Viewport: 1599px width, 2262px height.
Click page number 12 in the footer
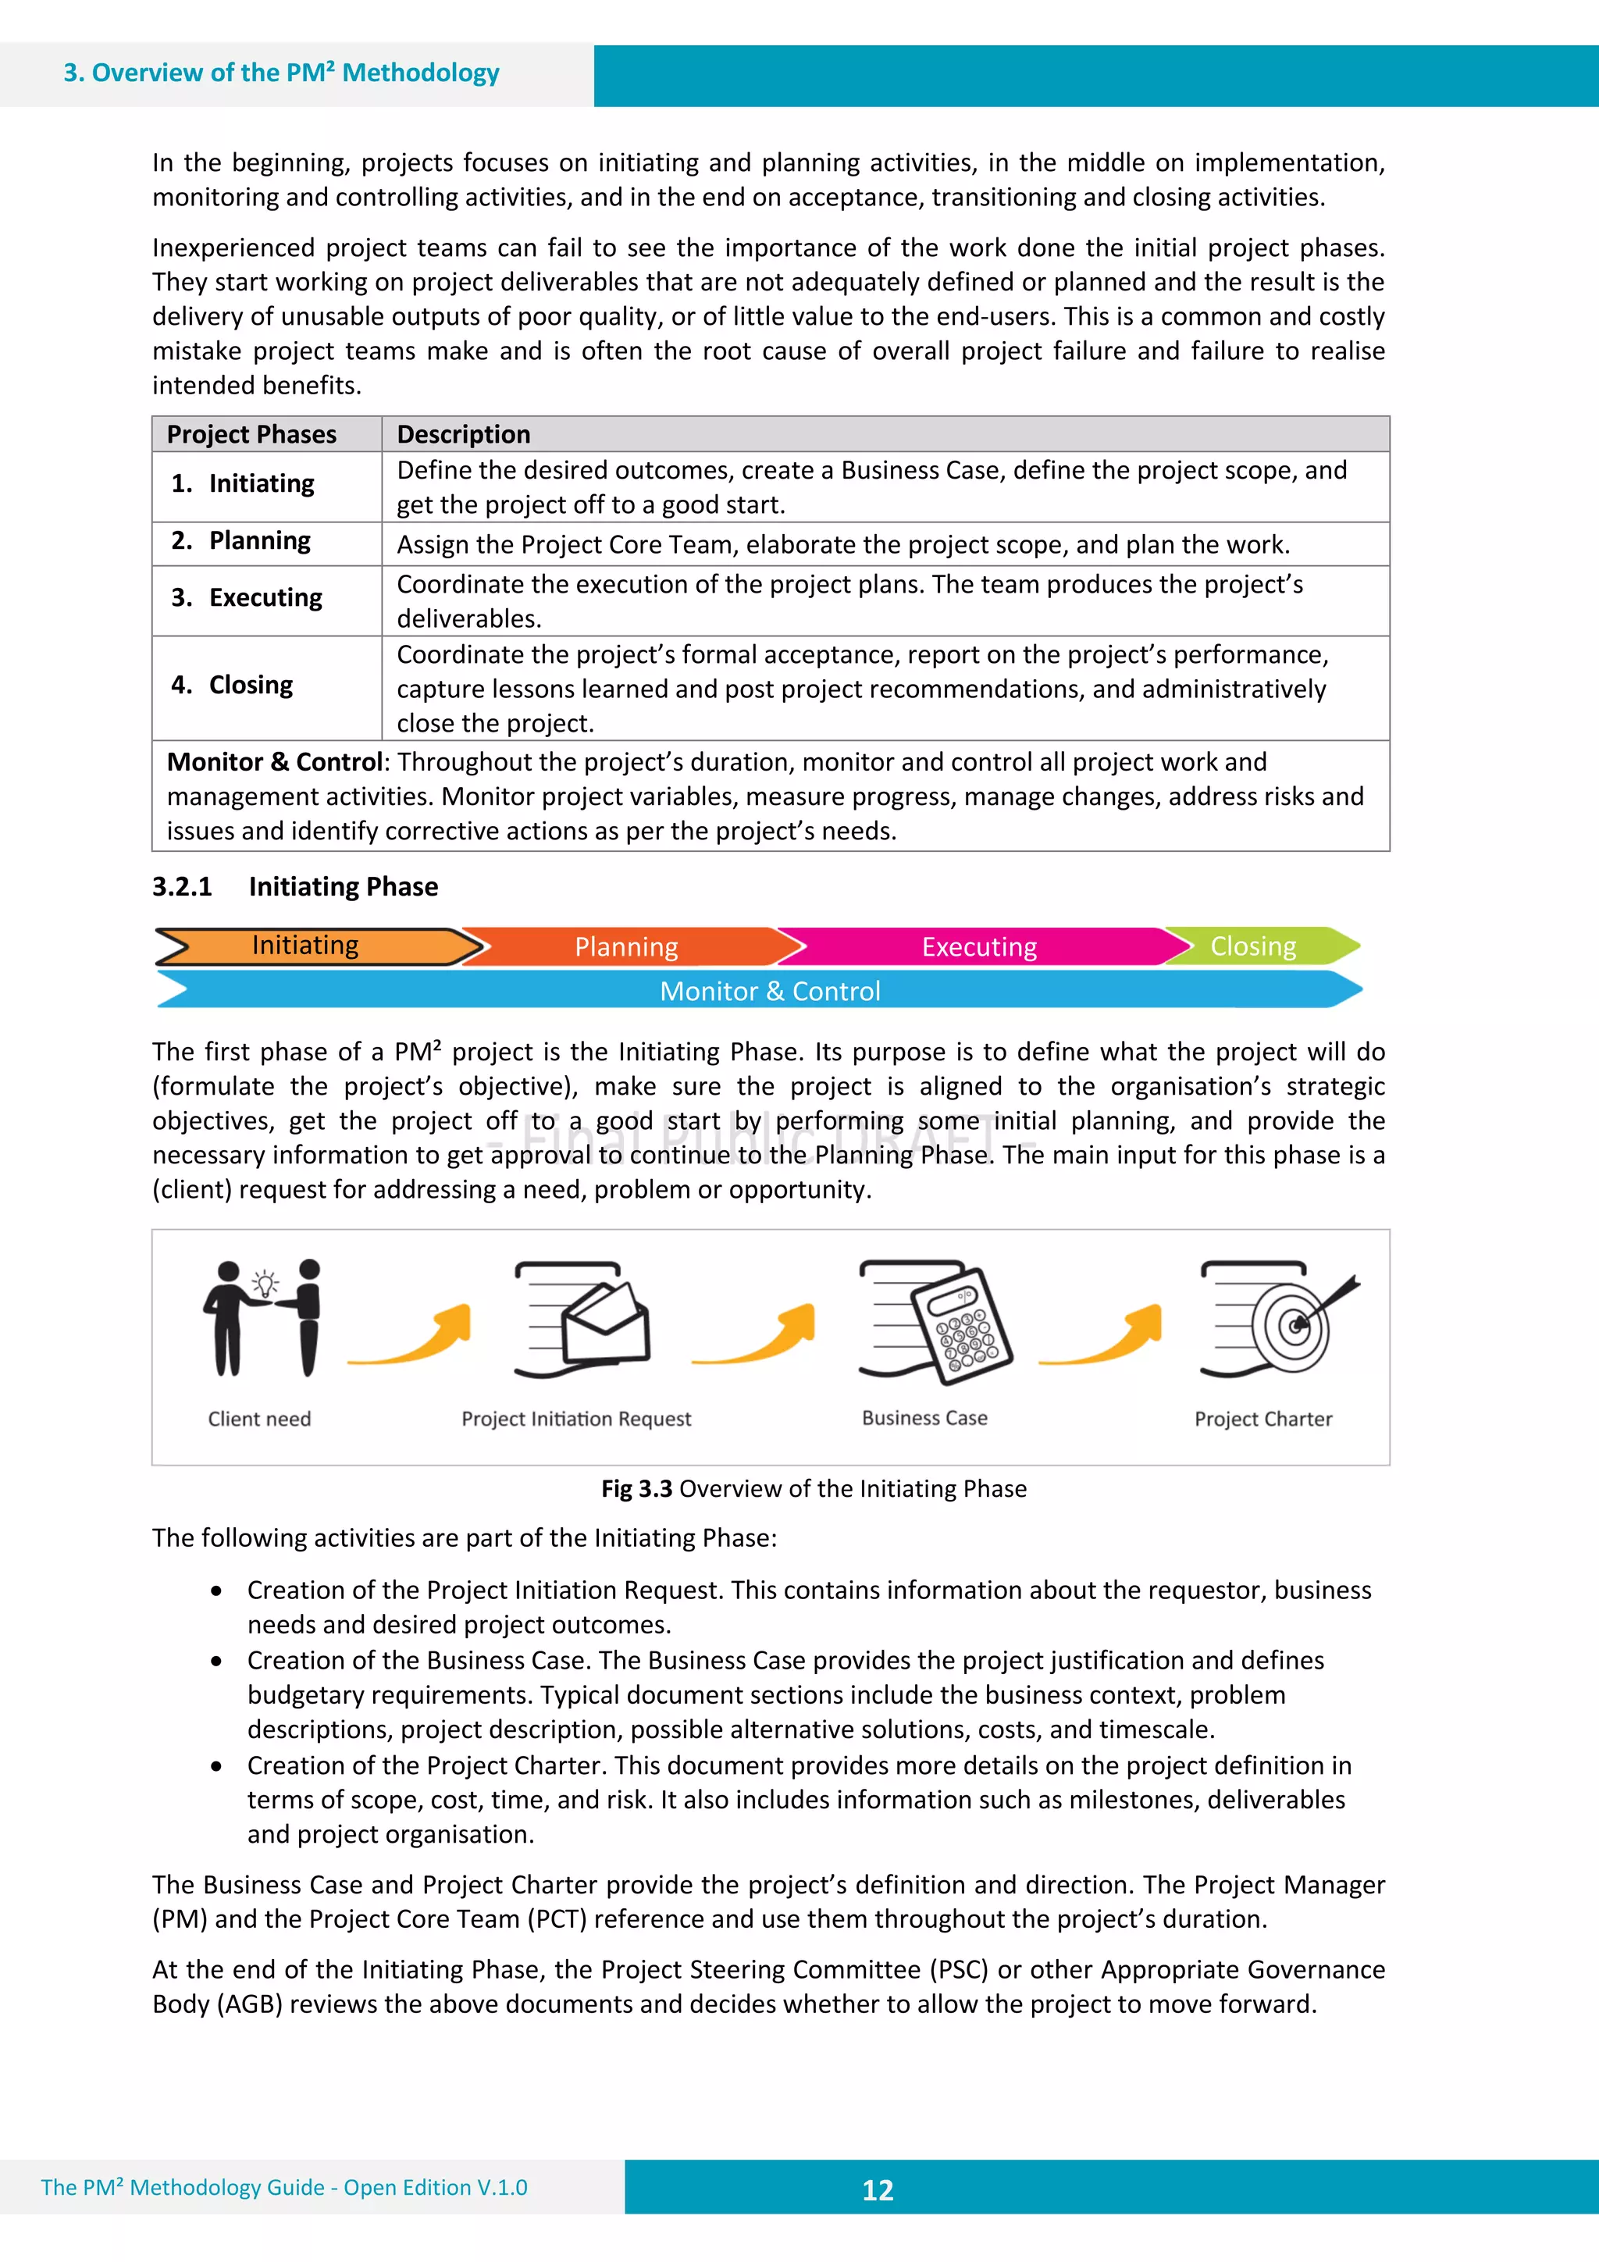click(x=877, y=2189)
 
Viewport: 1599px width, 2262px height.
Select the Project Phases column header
click(x=251, y=434)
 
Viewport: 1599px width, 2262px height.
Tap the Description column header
click(x=463, y=434)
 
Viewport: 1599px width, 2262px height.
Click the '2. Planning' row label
click(x=241, y=541)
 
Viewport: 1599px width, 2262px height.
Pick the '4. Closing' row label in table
click(x=233, y=685)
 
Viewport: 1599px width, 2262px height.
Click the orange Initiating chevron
click(x=305, y=946)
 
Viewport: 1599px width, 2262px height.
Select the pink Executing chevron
click(x=978, y=947)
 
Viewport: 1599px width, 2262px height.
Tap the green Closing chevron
click(x=1252, y=946)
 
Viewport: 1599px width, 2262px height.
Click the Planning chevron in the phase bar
click(x=627, y=947)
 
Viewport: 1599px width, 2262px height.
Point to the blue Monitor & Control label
click(x=770, y=991)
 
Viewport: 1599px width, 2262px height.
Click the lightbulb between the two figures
click(x=265, y=1284)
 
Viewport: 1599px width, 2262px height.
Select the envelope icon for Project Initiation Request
click(x=606, y=1323)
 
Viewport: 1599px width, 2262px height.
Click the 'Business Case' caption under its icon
click(x=924, y=1418)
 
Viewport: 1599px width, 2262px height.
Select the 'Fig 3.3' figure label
click(x=636, y=1489)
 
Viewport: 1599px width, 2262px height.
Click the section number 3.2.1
click(x=182, y=887)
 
